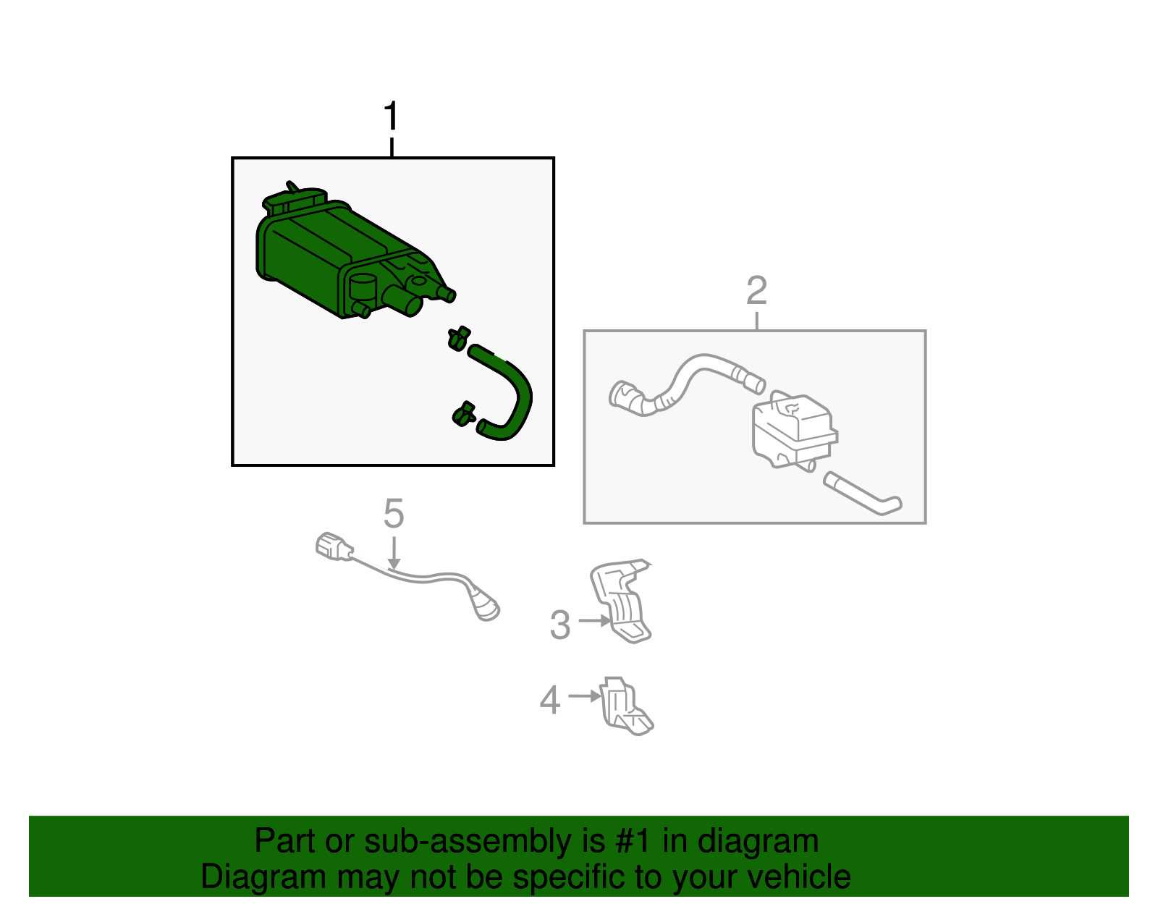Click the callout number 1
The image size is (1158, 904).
(391, 116)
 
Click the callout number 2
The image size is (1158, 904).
(757, 290)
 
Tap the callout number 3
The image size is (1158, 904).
(560, 625)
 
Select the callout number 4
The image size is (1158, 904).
(550, 699)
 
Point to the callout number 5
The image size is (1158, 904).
(394, 514)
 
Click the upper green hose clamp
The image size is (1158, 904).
(458, 338)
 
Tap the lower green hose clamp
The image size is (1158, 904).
(464, 414)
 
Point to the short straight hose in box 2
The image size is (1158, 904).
(862, 494)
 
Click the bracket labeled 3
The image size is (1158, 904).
(621, 601)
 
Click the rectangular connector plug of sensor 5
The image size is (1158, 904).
(334, 546)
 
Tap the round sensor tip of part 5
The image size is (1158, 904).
(486, 609)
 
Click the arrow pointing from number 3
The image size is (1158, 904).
(594, 620)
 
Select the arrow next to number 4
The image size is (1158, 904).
(585, 696)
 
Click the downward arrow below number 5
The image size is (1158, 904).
(394, 553)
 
